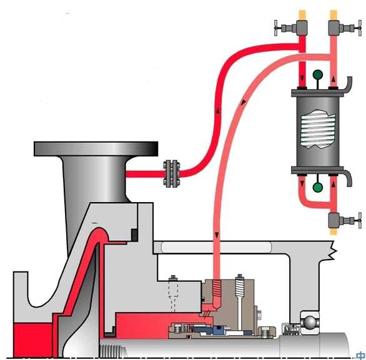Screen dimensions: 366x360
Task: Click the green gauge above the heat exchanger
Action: [x=318, y=75]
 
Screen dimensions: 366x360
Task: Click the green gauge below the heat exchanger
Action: [x=318, y=187]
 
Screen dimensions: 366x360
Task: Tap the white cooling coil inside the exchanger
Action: [x=319, y=129]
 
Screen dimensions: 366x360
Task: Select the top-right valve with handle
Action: [x=345, y=28]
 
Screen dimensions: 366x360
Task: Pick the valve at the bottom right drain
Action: [x=345, y=220]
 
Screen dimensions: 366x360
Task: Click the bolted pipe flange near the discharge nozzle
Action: [x=172, y=173]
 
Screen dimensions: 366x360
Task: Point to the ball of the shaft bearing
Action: [x=310, y=323]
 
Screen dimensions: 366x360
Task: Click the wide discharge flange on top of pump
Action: [x=96, y=148]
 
